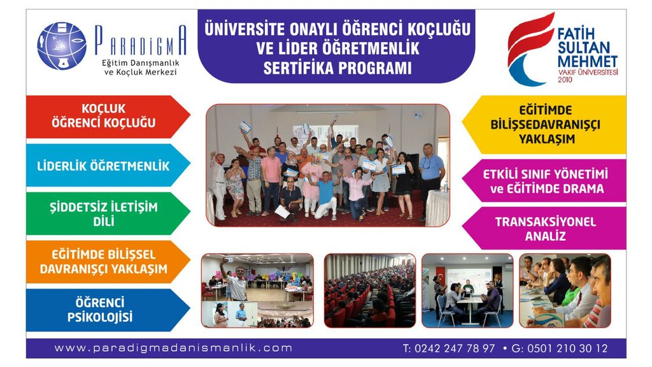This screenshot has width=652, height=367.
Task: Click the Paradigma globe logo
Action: [x=62, y=46]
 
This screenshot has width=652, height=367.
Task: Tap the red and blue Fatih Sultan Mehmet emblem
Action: [x=531, y=49]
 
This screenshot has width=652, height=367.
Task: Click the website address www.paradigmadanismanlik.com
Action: [x=173, y=348]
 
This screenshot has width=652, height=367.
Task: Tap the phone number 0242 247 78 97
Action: [x=455, y=349]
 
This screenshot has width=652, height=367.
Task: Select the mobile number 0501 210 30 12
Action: [x=567, y=349]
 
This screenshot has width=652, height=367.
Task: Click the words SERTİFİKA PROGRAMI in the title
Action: [x=337, y=68]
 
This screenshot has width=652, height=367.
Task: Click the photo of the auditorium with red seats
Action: [x=370, y=291]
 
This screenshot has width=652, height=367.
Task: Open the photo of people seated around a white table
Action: [x=467, y=291]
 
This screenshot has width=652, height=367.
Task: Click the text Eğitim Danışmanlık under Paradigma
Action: [x=141, y=63]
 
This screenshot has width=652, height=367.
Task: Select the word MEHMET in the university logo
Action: [x=588, y=61]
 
